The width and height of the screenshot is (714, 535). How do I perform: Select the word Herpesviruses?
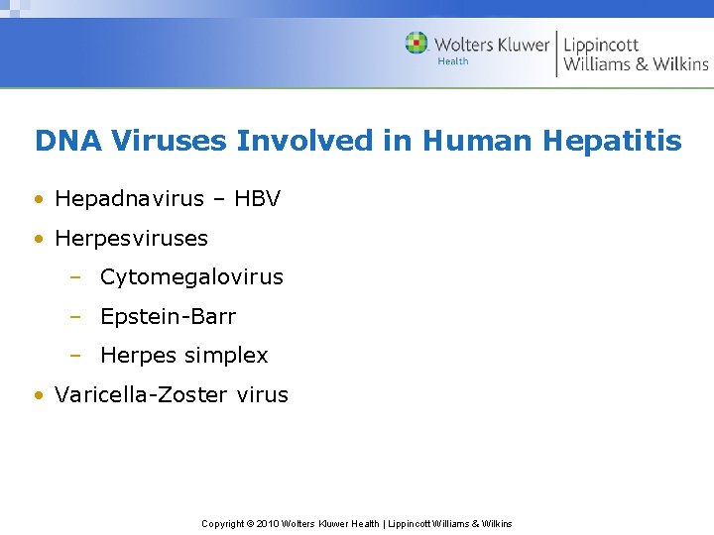coord(131,239)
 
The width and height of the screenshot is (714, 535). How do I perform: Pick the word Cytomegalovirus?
coord(191,277)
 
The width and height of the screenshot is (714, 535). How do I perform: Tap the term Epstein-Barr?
coord(168,316)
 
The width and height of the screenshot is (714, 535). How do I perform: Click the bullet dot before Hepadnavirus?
coord(39,200)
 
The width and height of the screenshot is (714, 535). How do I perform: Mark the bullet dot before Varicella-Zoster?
coord(39,395)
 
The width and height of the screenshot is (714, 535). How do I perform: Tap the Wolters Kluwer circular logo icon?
coord(416,44)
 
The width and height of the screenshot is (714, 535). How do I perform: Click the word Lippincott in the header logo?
coord(601,46)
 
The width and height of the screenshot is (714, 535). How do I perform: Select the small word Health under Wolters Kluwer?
coord(453,61)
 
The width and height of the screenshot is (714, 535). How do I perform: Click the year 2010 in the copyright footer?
coord(268,524)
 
